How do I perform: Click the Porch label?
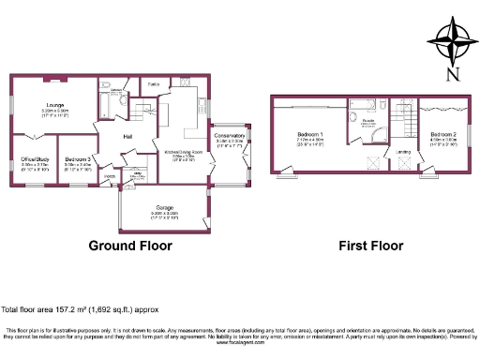pos(109,175)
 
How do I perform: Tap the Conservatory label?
pos(229,136)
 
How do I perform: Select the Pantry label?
pos(152,83)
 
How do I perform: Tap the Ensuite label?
pos(367,121)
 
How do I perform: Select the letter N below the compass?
pos(453,74)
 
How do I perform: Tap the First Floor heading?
pos(370,247)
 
